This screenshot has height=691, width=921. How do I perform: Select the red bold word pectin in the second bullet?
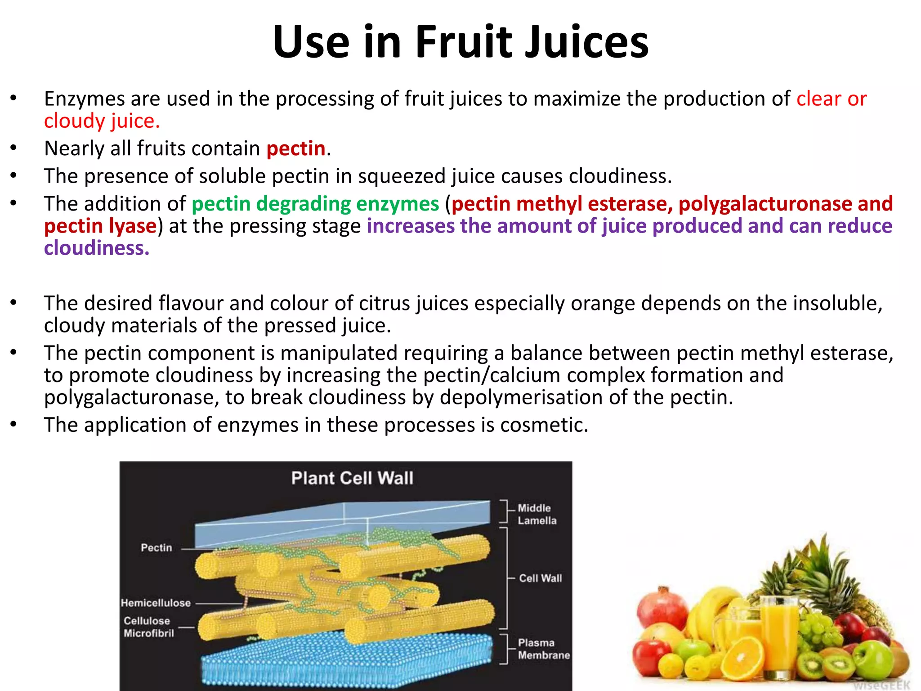tap(296, 148)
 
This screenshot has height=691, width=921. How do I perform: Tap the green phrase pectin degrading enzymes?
tap(315, 204)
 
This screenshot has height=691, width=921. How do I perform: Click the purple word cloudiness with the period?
tap(96, 248)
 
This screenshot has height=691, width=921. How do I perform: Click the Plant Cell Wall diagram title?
tap(352, 478)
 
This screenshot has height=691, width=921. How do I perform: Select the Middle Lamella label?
tap(537, 514)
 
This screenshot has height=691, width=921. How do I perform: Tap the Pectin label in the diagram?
tap(156, 547)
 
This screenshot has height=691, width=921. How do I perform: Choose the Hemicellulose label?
tap(156, 603)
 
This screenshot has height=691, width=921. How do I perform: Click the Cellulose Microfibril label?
tap(148, 627)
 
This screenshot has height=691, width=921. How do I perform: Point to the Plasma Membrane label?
tap(543, 649)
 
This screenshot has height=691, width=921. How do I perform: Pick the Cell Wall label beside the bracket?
tap(541, 578)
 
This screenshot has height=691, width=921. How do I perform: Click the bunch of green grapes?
tap(821, 625)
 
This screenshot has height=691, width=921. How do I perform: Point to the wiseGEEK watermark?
tap(881, 685)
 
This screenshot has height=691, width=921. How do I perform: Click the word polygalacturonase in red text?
tap(765, 204)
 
